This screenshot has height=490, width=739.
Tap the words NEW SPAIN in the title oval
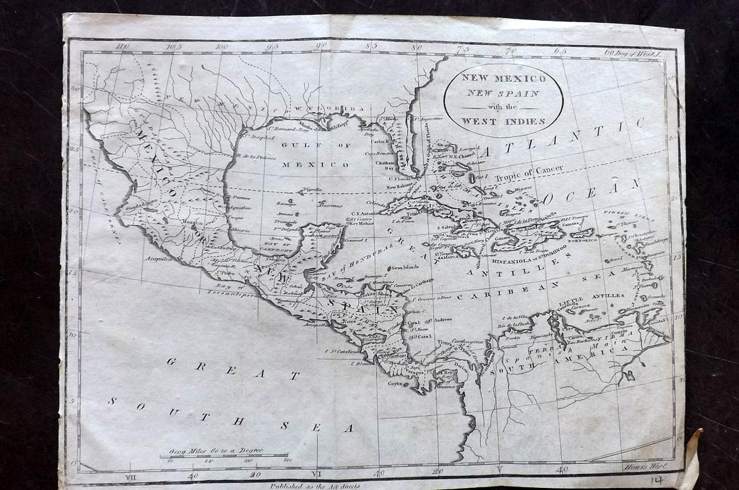pos(503,93)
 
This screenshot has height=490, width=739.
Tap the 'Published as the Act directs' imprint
pos(315,483)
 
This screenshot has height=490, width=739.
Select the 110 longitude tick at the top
pos(121,46)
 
